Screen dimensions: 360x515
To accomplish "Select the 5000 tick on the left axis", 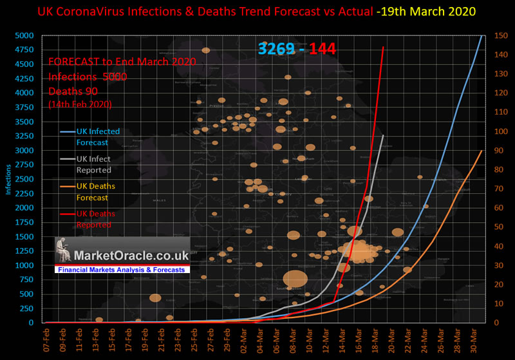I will click(x=27, y=35).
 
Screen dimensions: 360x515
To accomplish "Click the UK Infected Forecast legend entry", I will click(x=97, y=137).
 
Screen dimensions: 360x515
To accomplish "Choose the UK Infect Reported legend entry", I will click(x=93, y=164).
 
